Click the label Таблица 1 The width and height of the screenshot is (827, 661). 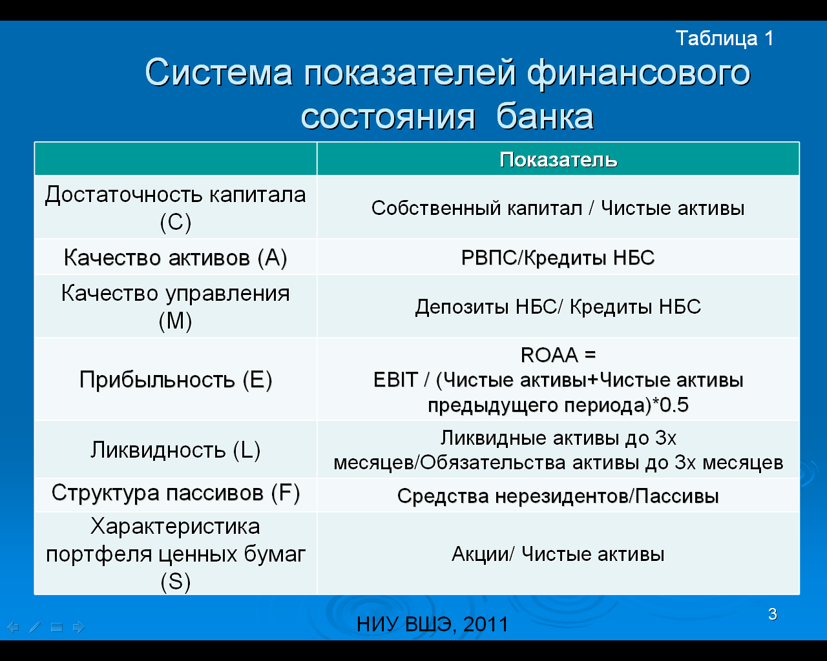click(724, 39)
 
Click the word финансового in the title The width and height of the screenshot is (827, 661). click(638, 73)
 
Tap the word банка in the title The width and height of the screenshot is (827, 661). click(545, 116)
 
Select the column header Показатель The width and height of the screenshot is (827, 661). click(558, 159)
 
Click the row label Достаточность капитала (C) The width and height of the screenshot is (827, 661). click(175, 208)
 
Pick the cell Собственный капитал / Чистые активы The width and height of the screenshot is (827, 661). click(558, 208)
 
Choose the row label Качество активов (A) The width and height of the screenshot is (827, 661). click(175, 257)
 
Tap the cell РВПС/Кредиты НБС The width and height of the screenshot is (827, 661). click(558, 258)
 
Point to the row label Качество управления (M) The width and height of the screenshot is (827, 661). click(175, 307)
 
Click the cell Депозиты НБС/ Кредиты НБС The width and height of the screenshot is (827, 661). click(558, 307)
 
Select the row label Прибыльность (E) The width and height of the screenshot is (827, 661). click(176, 380)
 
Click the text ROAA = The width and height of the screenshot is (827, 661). click(558, 354)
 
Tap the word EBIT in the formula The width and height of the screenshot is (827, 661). click(395, 380)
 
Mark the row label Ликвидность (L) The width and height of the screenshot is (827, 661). click(176, 450)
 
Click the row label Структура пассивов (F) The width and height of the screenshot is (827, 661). click(176, 493)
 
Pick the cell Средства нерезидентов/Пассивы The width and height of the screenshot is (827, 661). click(558, 496)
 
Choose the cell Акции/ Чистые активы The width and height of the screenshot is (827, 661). click(558, 554)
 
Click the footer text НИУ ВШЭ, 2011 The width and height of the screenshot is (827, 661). click(433, 624)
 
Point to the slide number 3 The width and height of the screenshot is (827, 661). click(773, 614)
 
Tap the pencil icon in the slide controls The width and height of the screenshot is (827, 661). click(35, 627)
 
